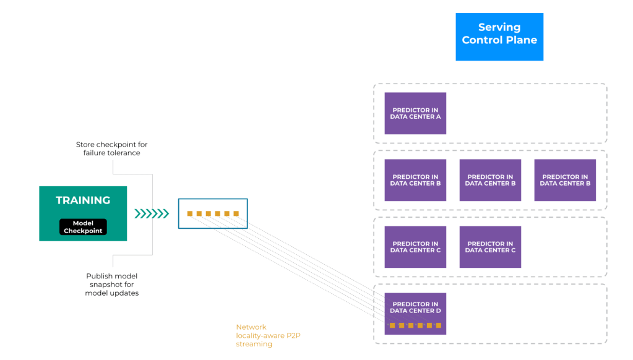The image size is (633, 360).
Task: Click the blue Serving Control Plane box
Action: [x=499, y=36]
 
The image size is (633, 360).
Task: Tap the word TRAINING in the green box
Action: [x=83, y=200]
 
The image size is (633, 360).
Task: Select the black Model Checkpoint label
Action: [x=83, y=227]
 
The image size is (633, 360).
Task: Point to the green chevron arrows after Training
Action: [x=152, y=213]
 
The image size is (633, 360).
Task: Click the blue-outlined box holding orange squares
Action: [x=213, y=213]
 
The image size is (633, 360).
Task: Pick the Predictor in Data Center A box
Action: [x=415, y=113]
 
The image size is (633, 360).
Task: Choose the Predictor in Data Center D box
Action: [x=415, y=314]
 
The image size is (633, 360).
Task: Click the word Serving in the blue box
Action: [x=499, y=27]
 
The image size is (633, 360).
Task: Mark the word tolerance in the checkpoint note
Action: [x=123, y=153]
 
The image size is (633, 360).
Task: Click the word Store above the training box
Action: [x=85, y=145]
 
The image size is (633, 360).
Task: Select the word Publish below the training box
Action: [x=98, y=276]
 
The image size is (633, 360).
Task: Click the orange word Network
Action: [x=251, y=327]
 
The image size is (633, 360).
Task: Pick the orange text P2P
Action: [x=293, y=335]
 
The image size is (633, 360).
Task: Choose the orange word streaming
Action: [x=254, y=345]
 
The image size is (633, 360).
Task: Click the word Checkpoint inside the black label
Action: [x=83, y=231]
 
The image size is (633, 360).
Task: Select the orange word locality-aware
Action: [x=260, y=335]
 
